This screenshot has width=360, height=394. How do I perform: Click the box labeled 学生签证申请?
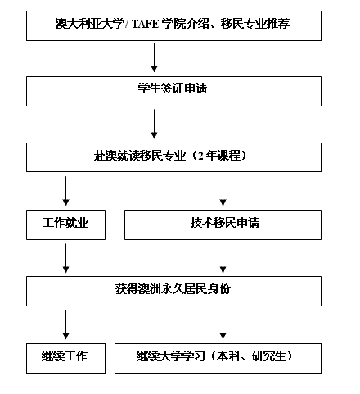(x=173, y=91)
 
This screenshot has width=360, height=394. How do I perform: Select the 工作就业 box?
(x=65, y=224)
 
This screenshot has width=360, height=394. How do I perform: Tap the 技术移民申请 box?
(x=223, y=224)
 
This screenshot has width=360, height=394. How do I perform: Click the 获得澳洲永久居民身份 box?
(x=173, y=291)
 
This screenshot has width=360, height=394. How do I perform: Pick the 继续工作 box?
(x=65, y=358)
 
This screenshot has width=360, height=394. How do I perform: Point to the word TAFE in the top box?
(x=145, y=24)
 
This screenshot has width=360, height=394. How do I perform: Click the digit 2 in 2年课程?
(x=200, y=156)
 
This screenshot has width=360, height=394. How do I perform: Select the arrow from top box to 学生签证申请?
(x=154, y=57)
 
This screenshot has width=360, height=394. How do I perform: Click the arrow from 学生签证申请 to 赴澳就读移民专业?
(x=154, y=124)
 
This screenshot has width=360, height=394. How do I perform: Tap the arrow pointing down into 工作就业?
(x=65, y=191)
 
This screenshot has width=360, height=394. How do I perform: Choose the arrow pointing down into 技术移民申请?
(x=223, y=191)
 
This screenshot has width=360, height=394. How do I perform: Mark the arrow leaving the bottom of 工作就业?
(x=65, y=258)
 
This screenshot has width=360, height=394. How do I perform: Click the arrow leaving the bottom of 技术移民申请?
(x=223, y=258)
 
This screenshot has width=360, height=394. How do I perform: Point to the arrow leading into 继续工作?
(x=65, y=324)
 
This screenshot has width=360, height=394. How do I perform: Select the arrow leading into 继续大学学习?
(x=223, y=324)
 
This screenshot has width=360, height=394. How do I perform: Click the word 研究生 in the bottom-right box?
(x=268, y=356)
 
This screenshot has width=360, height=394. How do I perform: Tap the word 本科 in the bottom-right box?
(x=228, y=356)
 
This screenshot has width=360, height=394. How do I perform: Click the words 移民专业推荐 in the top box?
(x=255, y=24)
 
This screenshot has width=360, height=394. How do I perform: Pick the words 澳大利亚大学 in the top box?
(x=90, y=24)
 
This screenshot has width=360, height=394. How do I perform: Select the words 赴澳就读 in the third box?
(x=116, y=156)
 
